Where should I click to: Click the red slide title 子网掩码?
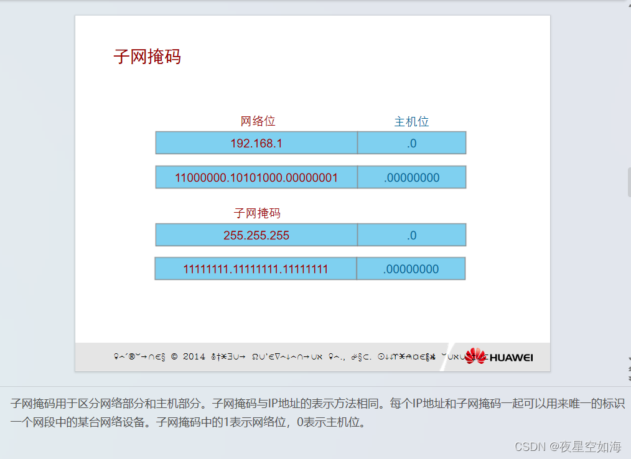pos(147,57)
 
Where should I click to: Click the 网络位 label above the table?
pos(258,121)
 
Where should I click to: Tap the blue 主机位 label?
pos(411,122)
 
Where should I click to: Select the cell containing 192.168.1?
pos(256,143)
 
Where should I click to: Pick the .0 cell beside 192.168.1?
pos(411,143)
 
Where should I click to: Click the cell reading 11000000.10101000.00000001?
pos(256,178)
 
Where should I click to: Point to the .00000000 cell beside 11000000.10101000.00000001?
pos(411,178)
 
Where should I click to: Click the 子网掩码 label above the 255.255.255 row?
pos(257,213)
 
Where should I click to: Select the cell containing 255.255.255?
pos(256,235)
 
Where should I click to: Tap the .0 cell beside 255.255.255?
pos(411,235)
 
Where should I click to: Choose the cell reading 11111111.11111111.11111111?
pos(256,269)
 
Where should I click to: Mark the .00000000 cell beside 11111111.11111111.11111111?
pos(411,269)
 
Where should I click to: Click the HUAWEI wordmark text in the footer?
pos(511,358)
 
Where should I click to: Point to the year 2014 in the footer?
pos(194,357)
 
